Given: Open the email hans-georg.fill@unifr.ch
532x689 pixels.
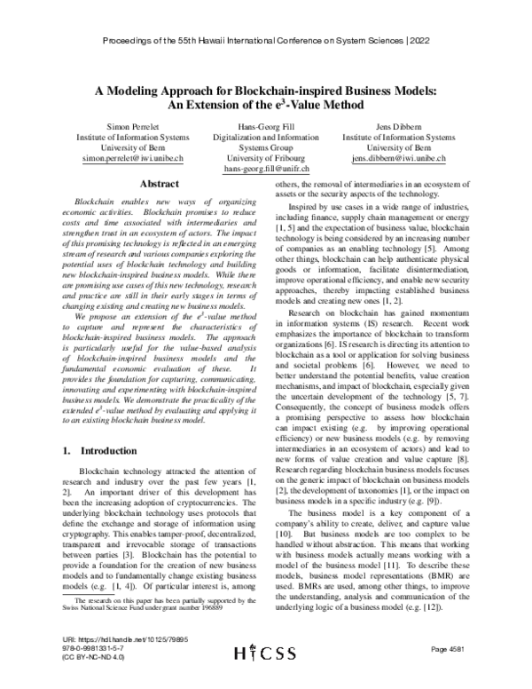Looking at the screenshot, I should tap(266, 169).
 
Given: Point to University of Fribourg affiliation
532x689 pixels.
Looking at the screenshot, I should tap(266, 158).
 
